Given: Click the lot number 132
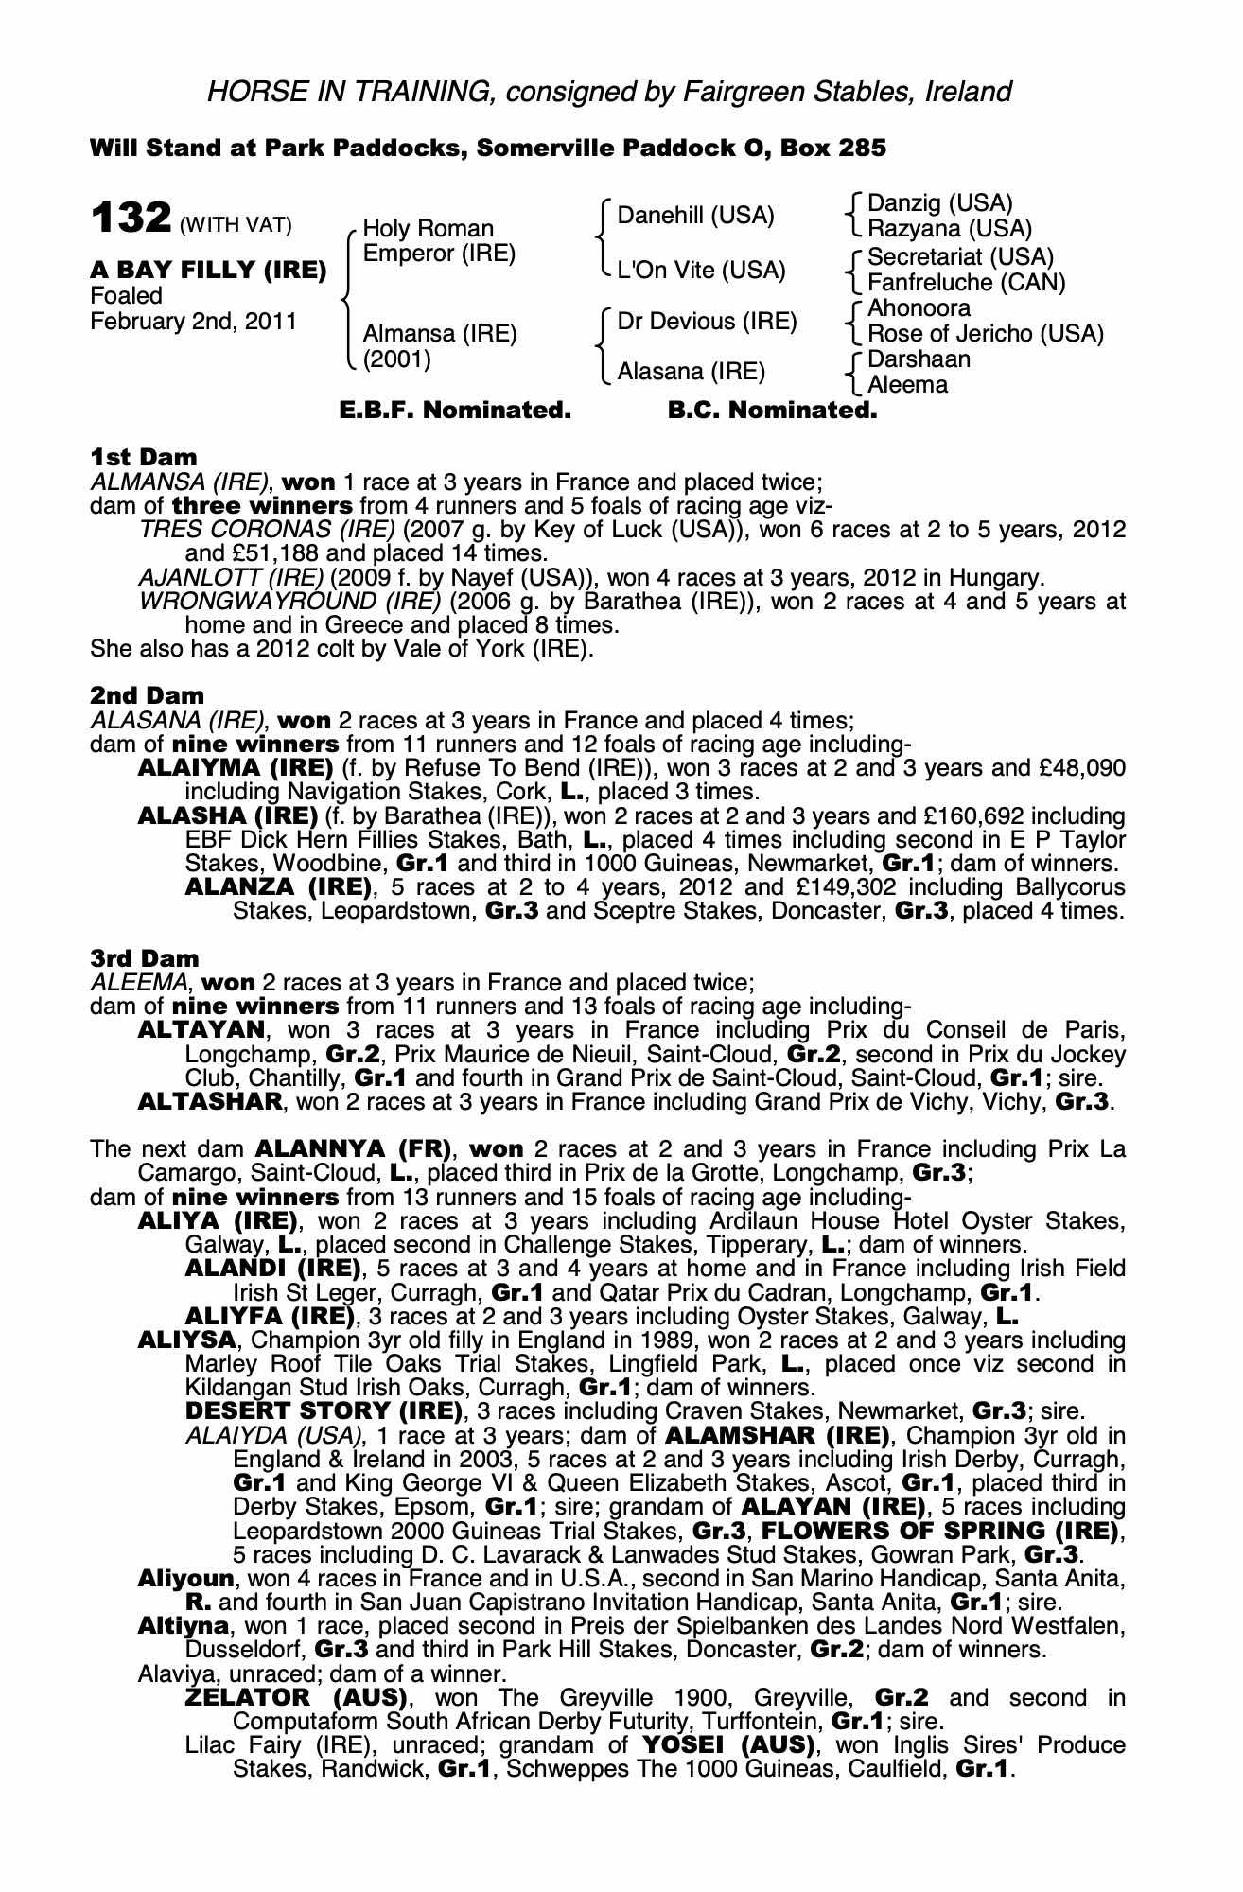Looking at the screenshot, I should pyautogui.click(x=130, y=219).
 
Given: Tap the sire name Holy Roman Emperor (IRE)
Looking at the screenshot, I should pyautogui.click(x=438, y=241).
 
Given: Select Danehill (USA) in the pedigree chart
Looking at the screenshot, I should pyautogui.click(x=695, y=216).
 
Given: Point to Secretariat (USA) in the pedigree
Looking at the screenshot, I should pyautogui.click(x=960, y=257).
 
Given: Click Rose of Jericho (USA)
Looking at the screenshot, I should pyautogui.click(x=985, y=334).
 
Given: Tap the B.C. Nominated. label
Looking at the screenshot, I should pyautogui.click(x=772, y=411).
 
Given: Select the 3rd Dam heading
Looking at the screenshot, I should pyautogui.click(x=145, y=958).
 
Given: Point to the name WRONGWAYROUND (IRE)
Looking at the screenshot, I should pyautogui.click(x=289, y=602).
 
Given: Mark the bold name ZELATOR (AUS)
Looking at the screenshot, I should pyautogui.click(x=296, y=1697).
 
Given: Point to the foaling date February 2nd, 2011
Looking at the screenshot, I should pyautogui.click(x=193, y=322).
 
